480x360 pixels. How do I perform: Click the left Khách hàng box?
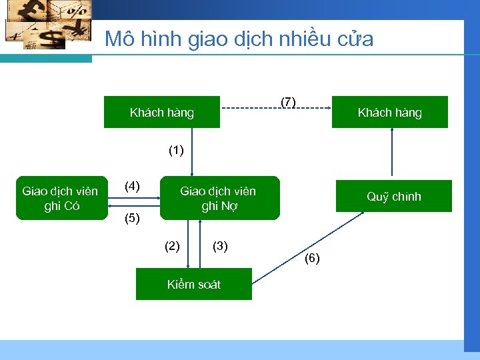(161, 112)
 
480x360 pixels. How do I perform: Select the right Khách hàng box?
(389, 112)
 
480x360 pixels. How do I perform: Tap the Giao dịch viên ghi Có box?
(60, 198)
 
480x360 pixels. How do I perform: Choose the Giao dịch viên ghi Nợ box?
(218, 198)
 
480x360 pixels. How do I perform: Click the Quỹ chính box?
(393, 197)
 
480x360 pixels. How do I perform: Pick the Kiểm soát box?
(193, 285)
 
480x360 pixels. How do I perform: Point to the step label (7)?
(288, 102)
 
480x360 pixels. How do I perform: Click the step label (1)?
(176, 151)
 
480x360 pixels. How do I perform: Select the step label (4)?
(133, 186)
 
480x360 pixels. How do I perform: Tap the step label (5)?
(133, 218)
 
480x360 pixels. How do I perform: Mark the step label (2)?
(172, 246)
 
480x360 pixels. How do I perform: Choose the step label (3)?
(220, 246)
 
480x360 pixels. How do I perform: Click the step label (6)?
(312, 258)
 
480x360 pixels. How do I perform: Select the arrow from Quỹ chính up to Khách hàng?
(392, 153)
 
